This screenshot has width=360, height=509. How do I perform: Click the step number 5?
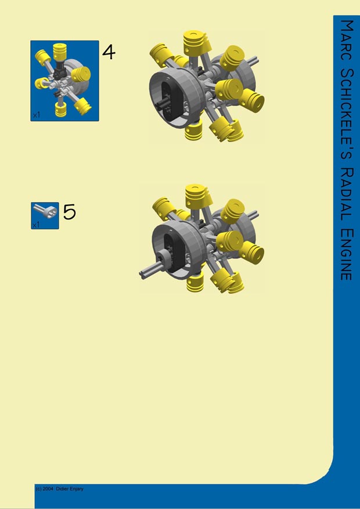tap(69, 212)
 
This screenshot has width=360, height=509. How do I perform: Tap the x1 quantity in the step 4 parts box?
tap(37, 115)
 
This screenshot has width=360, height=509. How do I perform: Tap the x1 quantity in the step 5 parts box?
tap(35, 225)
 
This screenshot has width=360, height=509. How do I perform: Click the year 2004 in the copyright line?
tap(48, 489)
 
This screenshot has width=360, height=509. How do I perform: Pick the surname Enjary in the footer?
tap(77, 489)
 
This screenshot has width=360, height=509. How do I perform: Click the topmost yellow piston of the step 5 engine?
tap(196, 194)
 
